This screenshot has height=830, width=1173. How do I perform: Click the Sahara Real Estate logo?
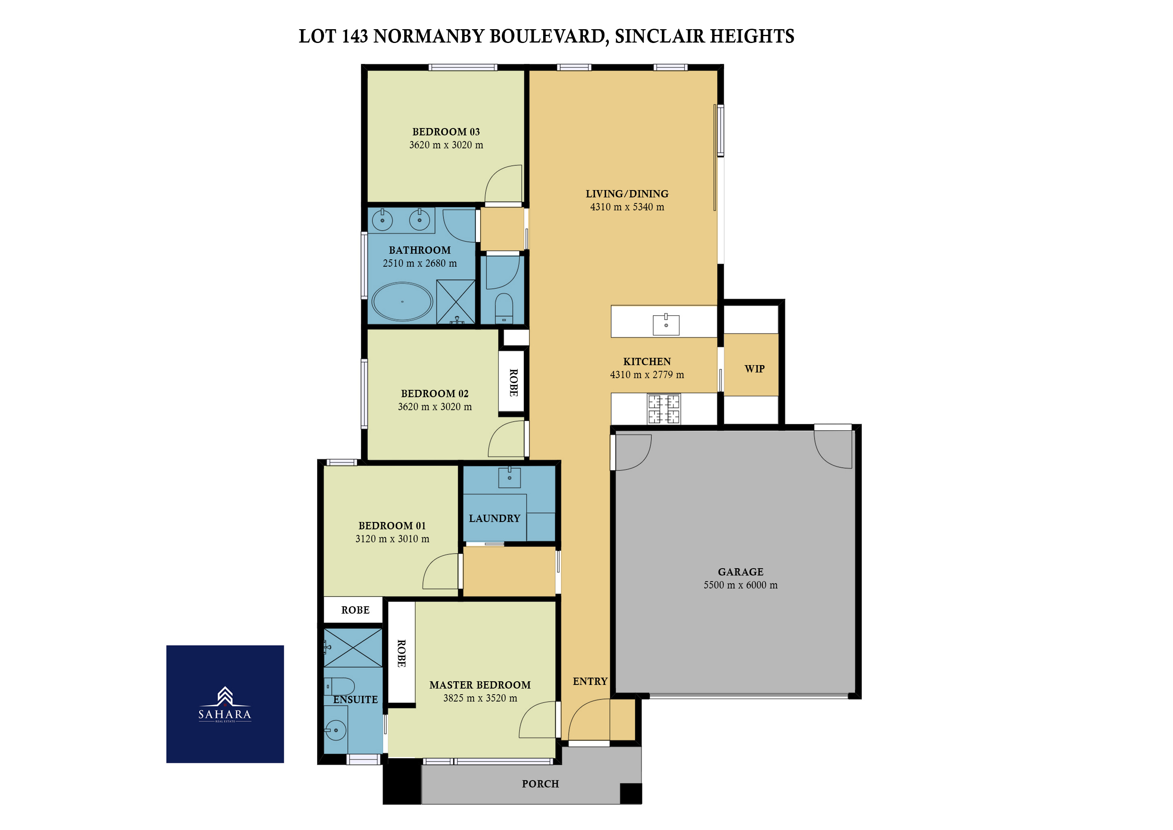pos(225,704)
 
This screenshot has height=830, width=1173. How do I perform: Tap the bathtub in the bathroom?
pos(402,302)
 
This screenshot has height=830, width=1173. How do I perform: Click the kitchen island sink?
pos(666,325)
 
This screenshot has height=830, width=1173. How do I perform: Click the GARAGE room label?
pos(741,572)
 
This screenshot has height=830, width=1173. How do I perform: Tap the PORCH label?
pos(540,784)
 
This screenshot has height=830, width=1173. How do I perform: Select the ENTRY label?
pos(590,681)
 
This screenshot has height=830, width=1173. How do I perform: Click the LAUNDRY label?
pos(495,518)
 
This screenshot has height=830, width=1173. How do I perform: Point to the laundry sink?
pos(510,477)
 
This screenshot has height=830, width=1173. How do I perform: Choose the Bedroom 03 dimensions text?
pos(446,145)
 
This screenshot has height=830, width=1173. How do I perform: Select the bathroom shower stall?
pos(456,302)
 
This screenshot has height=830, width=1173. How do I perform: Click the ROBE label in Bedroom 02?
pos(514,383)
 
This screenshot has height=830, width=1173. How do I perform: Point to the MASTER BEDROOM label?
pos(480,685)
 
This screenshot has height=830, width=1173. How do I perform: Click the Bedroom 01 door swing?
pos(440,571)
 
